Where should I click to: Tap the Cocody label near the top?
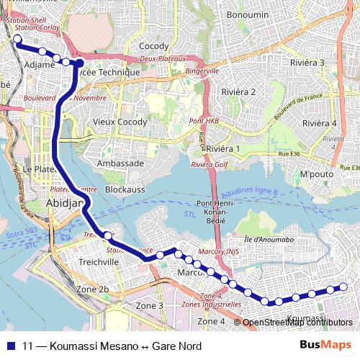153,46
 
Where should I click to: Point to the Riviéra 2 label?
239,91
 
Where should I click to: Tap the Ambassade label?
121,163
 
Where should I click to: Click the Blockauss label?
126,189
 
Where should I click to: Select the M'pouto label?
314,174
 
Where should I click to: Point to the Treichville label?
99,262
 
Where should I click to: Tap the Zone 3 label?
150,306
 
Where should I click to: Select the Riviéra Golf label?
209,165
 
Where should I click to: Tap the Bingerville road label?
202,71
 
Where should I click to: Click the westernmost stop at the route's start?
17,40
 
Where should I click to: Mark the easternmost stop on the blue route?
343,287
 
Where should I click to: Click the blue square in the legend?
12,344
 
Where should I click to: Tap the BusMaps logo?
325,344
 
